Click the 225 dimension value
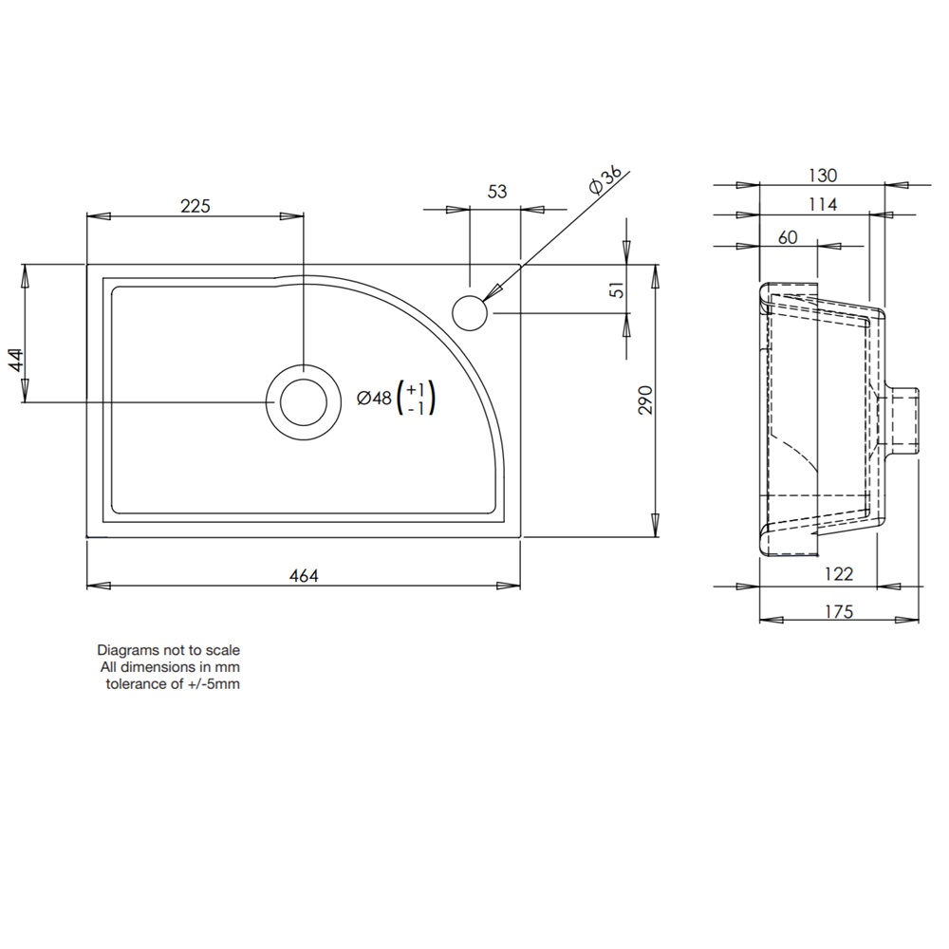(x=194, y=205)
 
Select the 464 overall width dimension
(x=304, y=575)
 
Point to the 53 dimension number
(x=497, y=192)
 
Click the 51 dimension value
(x=618, y=290)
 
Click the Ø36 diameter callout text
(x=605, y=180)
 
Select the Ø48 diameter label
(x=374, y=400)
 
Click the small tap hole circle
(x=469, y=312)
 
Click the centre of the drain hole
(x=304, y=401)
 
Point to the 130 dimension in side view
(x=823, y=176)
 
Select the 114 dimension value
(x=823, y=205)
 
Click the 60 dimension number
(x=788, y=237)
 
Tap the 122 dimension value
(x=840, y=573)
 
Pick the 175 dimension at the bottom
(x=840, y=612)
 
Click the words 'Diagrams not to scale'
(x=169, y=651)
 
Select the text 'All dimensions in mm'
(x=171, y=668)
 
